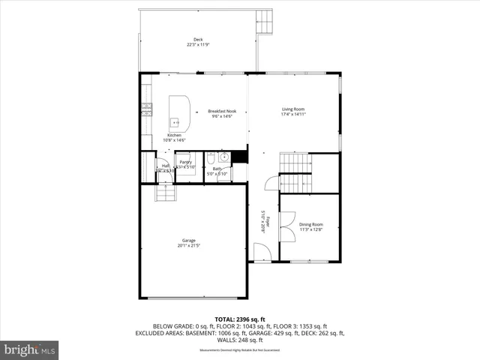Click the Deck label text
[198, 40]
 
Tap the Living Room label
[293, 109]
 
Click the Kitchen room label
[174, 135]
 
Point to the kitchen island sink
[175, 121]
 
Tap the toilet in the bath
[211, 159]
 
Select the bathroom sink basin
[223, 157]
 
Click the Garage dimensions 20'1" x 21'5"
[188, 245]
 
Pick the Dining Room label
[311, 224]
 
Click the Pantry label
[184, 162]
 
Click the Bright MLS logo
[30, 349]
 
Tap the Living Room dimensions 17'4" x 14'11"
[293, 115]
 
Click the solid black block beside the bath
[239, 157]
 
